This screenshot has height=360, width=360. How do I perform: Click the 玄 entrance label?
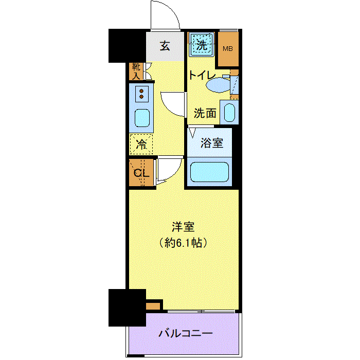click(x=165, y=46)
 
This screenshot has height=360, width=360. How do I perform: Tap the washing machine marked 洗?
click(x=202, y=45)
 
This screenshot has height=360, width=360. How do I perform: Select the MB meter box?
click(x=228, y=49)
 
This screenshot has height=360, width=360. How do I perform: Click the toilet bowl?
click(x=218, y=85)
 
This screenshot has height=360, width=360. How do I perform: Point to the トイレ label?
click(x=202, y=75)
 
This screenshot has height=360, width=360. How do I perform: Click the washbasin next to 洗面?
click(x=229, y=112)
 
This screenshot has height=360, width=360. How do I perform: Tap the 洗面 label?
click(x=205, y=113)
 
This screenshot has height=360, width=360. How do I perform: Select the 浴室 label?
click(x=212, y=143)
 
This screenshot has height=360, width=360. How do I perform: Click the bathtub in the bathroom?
click(x=209, y=172)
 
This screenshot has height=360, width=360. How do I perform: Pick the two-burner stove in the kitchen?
click(x=141, y=94)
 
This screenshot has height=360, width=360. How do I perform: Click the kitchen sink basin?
click(x=142, y=118)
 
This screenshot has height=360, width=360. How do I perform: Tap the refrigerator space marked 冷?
click(x=141, y=145)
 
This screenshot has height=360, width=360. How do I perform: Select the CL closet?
click(x=141, y=172)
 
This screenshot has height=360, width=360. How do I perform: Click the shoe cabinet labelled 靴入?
click(x=136, y=71)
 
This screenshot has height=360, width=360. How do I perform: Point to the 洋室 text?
click(x=183, y=227)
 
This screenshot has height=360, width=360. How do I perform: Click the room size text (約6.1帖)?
click(x=183, y=242)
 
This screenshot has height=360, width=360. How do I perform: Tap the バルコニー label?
click(x=186, y=333)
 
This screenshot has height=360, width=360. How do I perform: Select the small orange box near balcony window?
click(x=153, y=306)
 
